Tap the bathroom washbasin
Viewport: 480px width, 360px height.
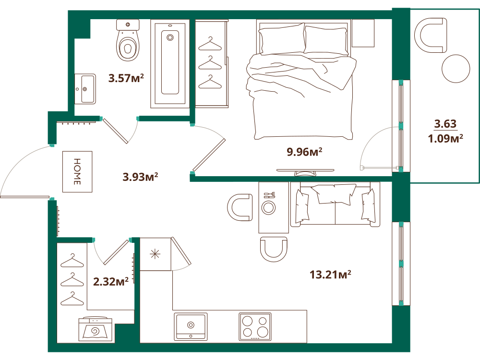coord(85,89)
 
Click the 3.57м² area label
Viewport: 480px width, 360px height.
coord(126,78)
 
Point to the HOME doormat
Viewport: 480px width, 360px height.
coord(77,171)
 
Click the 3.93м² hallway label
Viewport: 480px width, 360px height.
coord(140,177)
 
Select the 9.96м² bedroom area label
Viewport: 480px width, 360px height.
coord(304,152)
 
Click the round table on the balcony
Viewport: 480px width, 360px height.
coord(456,69)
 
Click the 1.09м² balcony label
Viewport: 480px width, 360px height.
coord(445,138)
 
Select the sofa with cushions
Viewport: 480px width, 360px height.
coord(335,204)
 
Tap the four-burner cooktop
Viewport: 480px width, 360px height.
coord(255,326)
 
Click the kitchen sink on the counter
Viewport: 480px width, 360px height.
coord(191,326)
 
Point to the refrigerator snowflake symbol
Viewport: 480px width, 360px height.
coord(155,254)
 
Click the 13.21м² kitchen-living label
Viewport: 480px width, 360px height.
coord(330,274)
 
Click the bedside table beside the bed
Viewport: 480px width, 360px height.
coord(363,33)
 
